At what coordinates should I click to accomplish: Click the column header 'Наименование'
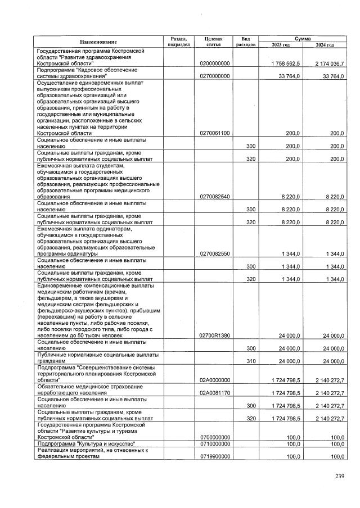[x=98, y=42]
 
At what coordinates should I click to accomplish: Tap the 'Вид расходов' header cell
[x=246, y=41]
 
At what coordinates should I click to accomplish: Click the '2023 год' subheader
[x=280, y=44]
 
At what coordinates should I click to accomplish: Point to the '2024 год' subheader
[x=325, y=44]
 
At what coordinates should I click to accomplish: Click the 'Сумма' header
[x=303, y=38]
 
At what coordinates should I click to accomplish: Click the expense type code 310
[x=251, y=361]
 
